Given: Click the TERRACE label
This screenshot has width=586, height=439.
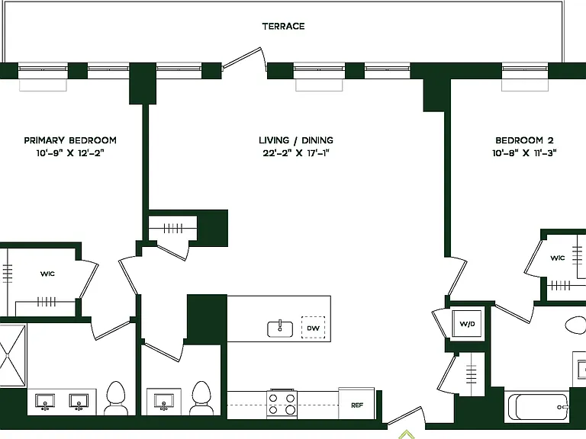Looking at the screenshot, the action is coord(283,26).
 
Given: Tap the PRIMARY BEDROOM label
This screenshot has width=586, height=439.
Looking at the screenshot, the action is coord(70,140).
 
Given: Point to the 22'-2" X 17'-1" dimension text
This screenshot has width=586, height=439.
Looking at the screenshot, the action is coord(296,153).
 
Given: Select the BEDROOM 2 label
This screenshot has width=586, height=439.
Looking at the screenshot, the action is coord(524,140).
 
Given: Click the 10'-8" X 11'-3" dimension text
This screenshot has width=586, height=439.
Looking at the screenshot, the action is coord(524,153).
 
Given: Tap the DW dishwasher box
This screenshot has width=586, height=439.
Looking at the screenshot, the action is coord(313,328).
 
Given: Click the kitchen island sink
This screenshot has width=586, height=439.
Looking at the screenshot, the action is coord(280,329).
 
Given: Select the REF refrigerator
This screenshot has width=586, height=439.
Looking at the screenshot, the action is coord(356,403).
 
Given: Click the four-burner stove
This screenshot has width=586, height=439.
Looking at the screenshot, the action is coord(282,404).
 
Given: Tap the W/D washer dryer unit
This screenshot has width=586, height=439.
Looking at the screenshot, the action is coord(467,324).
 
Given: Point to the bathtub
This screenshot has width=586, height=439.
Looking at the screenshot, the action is coord(538,407).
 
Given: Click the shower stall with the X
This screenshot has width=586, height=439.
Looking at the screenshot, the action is coord(13,356).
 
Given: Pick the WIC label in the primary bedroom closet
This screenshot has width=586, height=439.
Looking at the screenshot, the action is coord(47,274).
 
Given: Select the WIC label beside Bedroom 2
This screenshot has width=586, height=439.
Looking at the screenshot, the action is coord(558,258).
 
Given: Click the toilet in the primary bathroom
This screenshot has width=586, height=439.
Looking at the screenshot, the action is coord(115,397).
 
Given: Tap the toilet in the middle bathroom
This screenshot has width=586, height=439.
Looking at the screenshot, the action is coord(201,397).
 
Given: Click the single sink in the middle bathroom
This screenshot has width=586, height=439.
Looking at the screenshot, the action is coord(163,401).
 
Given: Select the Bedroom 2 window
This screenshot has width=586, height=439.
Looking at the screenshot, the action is coord(525,71).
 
